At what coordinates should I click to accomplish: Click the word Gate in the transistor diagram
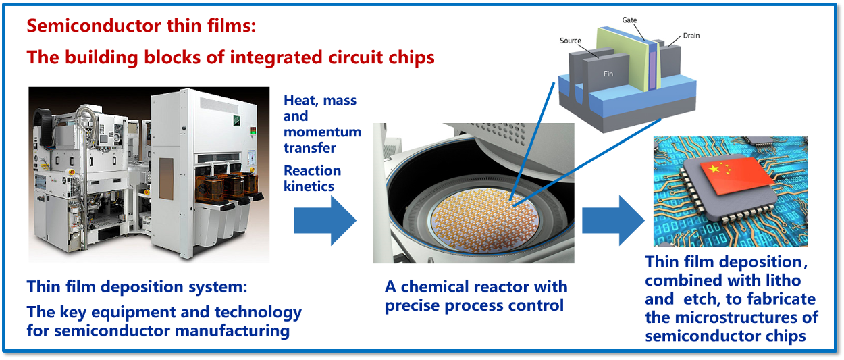(629, 20)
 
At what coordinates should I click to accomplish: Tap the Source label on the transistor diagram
(571, 41)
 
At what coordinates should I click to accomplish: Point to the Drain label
(691, 35)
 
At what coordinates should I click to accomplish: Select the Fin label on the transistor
(608, 74)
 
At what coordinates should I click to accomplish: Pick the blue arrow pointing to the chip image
(613, 220)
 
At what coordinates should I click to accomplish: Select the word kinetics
(309, 186)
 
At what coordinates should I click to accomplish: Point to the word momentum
(322, 132)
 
